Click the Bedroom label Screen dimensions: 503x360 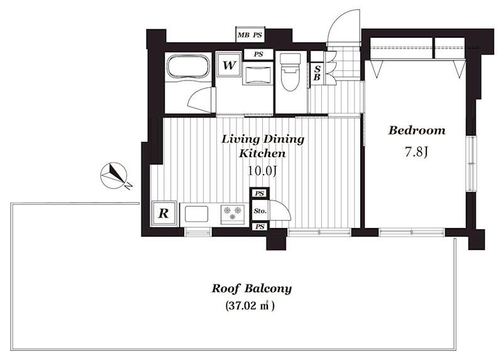(417, 131)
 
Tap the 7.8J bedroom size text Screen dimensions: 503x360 (416, 151)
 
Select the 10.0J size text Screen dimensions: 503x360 (262, 171)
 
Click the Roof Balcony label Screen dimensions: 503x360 (251, 288)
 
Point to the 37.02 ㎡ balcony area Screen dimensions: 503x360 (250, 305)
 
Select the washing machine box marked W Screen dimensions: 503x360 (228, 65)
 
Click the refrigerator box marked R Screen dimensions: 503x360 (164, 214)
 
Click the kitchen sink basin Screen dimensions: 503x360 (196, 214)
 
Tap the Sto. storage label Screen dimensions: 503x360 (260, 211)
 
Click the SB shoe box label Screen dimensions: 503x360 (317, 73)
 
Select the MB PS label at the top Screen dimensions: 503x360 (250, 35)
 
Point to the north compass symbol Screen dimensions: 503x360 (114, 176)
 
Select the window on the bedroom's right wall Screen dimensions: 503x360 (472, 164)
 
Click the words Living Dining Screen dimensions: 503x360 (263, 139)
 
